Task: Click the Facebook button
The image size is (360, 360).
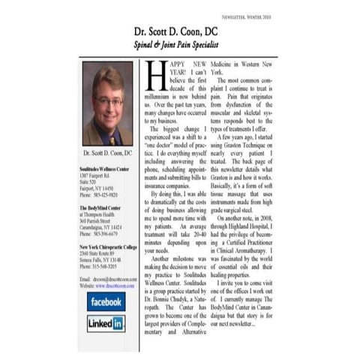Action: click(106, 301)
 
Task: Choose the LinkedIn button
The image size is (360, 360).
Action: click(106, 323)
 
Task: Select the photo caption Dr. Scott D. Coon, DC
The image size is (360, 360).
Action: click(107, 153)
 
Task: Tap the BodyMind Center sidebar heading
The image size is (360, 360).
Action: click(99, 206)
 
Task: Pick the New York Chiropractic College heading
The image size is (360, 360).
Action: click(108, 246)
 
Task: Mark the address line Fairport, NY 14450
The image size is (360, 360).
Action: click(97, 188)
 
